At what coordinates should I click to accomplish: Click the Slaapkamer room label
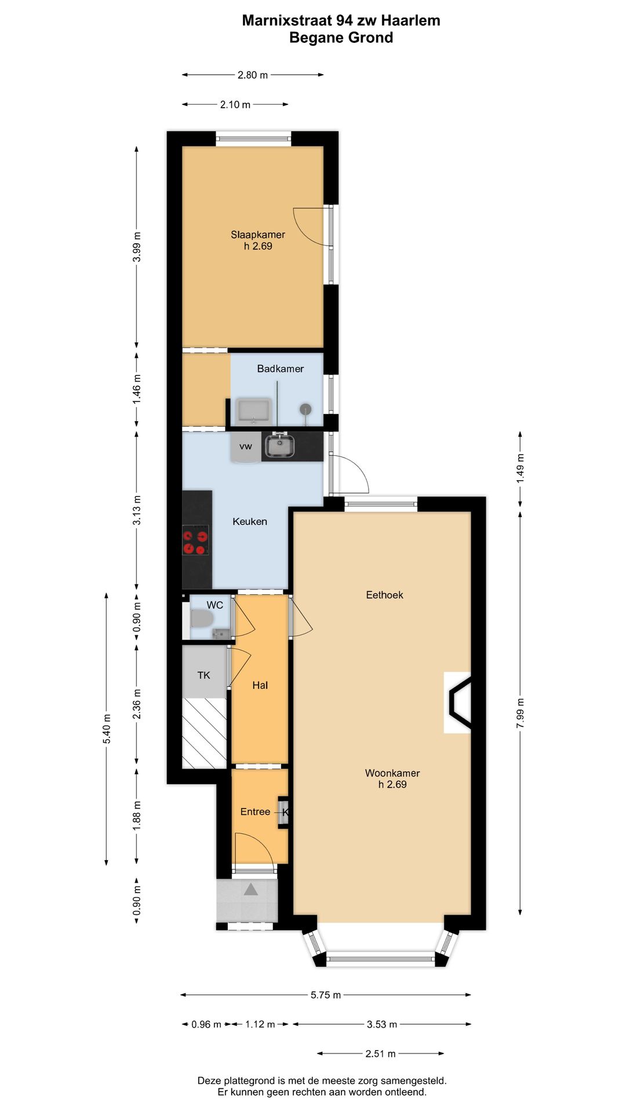pos(258,235)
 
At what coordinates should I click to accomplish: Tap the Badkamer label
pos(281,368)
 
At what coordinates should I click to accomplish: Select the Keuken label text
pos(250,521)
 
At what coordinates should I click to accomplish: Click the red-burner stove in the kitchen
pos(195,540)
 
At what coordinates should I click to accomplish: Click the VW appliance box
pos(246,447)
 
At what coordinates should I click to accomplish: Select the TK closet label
pos(203,675)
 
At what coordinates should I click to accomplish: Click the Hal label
pos(260,685)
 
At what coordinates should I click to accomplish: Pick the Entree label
pos(255,811)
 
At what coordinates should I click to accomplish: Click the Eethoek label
pos(384,595)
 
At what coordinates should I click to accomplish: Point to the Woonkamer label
pos(392,773)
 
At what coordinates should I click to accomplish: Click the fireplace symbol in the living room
pos(458,703)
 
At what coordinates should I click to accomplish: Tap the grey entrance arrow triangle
pos(250,889)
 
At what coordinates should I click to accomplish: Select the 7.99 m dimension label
pos(520,714)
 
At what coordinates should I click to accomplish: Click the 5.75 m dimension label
pos(326,995)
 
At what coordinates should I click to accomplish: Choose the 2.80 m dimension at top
pos(253,75)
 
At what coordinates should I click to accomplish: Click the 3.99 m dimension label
pos(137,247)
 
